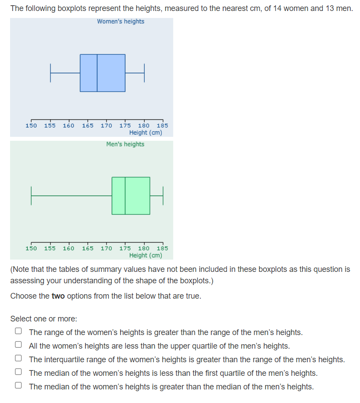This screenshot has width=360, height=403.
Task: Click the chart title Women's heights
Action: pyautogui.click(x=121, y=21)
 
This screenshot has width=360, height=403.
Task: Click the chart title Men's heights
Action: pyautogui.click(x=125, y=144)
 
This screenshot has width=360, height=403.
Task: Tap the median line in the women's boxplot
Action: pyautogui.click(x=97, y=73)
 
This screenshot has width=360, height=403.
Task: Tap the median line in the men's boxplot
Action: pyautogui.click(x=125, y=196)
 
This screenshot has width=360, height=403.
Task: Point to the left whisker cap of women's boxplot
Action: pyautogui.click(x=50, y=73)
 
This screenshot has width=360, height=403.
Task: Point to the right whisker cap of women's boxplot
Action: pyautogui.click(x=144, y=73)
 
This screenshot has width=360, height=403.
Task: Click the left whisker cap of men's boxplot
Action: pyautogui.click(x=31, y=196)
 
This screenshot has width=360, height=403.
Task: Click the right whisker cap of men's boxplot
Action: pyautogui.click(x=163, y=196)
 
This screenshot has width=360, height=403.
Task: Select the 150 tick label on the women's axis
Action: pyautogui.click(x=31, y=126)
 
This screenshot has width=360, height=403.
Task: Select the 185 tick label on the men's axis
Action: pyautogui.click(x=162, y=249)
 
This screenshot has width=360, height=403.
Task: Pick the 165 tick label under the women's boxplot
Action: pyautogui.click(x=88, y=126)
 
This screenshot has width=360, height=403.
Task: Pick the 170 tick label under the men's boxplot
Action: pyautogui.click(x=107, y=249)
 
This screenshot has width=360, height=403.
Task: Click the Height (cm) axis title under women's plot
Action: pyautogui.click(x=146, y=133)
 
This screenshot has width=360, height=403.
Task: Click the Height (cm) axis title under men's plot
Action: pyautogui.click(x=146, y=256)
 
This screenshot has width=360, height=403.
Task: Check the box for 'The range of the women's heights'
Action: pyautogui.click(x=18, y=332)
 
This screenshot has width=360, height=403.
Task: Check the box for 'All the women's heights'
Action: pyautogui.click(x=18, y=346)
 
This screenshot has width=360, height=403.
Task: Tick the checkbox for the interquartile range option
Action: pyautogui.click(x=18, y=359)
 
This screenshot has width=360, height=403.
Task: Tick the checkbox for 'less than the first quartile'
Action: pyautogui.click(x=18, y=373)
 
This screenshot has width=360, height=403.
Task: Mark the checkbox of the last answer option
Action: pyautogui.click(x=18, y=386)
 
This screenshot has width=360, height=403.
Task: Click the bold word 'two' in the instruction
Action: pyautogui.click(x=58, y=296)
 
